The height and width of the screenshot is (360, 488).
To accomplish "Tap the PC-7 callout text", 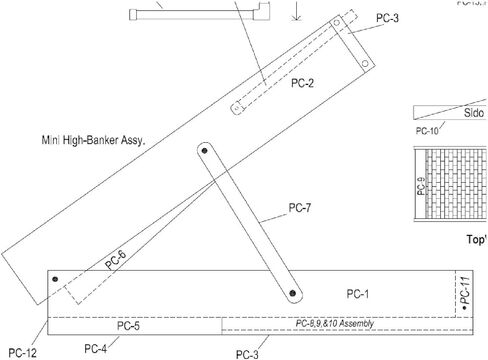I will click(300, 208).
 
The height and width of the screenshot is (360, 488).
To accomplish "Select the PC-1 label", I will click(358, 293).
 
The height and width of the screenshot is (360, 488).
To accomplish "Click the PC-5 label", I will click(128, 326).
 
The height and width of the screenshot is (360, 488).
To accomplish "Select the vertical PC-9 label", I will click(421, 186).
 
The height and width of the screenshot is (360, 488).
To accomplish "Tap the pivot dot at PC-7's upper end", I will click(206, 150).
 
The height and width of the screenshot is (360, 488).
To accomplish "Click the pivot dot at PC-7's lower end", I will click(293, 293).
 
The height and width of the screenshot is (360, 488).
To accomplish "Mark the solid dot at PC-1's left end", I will click(56, 279).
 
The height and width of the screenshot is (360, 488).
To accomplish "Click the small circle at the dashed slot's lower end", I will click(239, 107).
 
